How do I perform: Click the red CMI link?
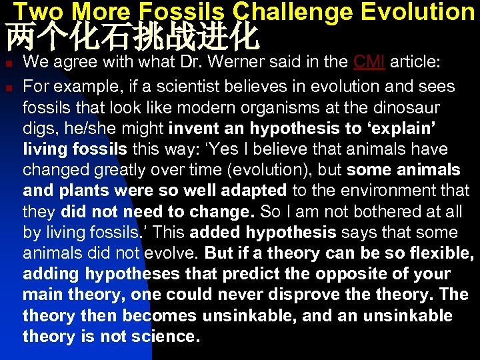click(369, 62)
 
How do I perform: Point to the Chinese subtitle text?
click(132, 38)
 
